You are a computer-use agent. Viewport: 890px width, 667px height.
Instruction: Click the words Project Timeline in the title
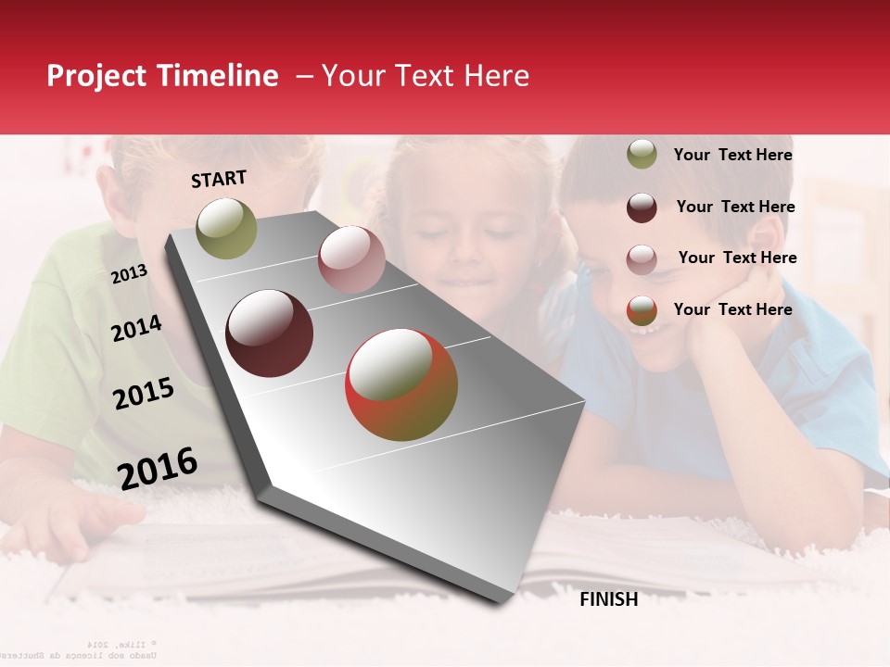coord(162,76)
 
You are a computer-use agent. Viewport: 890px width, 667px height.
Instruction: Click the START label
coord(219,179)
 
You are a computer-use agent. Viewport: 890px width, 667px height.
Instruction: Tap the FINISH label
coord(608,599)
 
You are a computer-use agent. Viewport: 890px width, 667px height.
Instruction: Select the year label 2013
coord(130,273)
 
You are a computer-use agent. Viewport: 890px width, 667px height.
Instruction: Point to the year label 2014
coord(136,328)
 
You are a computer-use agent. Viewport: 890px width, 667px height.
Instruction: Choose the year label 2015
coord(144,394)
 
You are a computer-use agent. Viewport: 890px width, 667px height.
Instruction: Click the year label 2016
coord(158,468)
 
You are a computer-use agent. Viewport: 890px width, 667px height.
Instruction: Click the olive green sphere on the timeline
coord(226,228)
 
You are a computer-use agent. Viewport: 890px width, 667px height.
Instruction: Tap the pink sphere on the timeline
coord(351,259)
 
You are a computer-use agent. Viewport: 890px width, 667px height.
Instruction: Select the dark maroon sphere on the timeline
coord(270,333)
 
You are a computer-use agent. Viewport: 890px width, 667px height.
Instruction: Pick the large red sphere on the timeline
coord(401,384)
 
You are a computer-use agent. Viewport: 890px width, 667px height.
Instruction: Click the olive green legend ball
coord(642,155)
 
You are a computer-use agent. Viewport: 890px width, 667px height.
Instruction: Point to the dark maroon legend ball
coord(642,208)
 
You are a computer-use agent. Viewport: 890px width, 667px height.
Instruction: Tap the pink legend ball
coord(642,259)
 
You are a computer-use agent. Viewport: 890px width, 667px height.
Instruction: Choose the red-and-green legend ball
coord(642,310)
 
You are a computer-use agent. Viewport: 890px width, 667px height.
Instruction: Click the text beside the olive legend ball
coord(732,155)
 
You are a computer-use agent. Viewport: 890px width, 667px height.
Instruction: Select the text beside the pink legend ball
coord(737,258)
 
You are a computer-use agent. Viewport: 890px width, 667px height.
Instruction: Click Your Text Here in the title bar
coord(425,76)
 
